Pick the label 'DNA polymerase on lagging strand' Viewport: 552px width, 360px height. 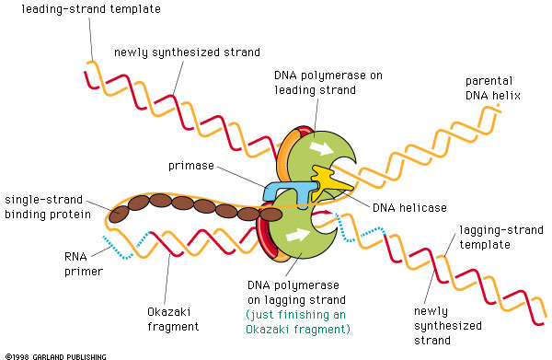point(300,293)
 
